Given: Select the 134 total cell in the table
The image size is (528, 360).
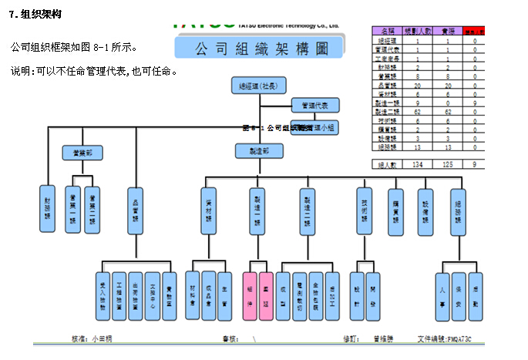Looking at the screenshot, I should pos(418,164).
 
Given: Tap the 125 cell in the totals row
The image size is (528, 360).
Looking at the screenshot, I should pos(448,164).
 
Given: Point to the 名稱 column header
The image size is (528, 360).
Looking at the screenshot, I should pos(387,31).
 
